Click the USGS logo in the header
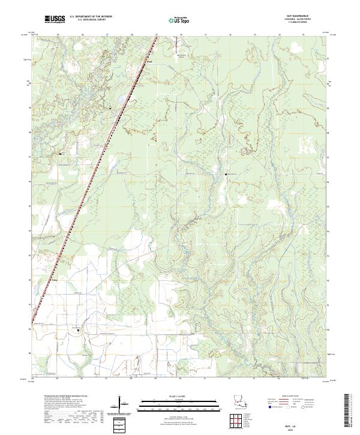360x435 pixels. point(55,20)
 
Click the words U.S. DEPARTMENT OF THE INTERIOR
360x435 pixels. point(90,17)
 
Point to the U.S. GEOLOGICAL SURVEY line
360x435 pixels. point(90,21)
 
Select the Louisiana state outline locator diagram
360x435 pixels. point(239,400)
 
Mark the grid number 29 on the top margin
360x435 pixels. point(155,35)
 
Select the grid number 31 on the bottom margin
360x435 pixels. point(205,379)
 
